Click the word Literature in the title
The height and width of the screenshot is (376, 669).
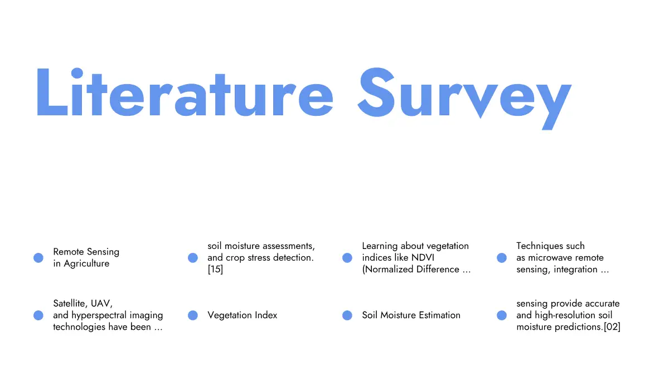185,92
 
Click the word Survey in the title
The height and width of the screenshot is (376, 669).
464,99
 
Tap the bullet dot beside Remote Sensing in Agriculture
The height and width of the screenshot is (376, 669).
38,258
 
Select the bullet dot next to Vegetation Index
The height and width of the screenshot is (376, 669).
193,315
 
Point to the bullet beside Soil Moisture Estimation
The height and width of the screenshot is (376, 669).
347,315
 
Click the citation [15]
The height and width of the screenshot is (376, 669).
215,270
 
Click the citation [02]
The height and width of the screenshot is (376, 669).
612,327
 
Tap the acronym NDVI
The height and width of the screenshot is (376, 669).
423,257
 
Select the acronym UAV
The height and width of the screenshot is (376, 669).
101,304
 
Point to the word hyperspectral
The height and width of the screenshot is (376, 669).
99,316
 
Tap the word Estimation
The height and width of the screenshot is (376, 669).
440,315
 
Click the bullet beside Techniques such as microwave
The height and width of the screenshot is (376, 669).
502,258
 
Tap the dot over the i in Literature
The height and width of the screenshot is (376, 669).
77,73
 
